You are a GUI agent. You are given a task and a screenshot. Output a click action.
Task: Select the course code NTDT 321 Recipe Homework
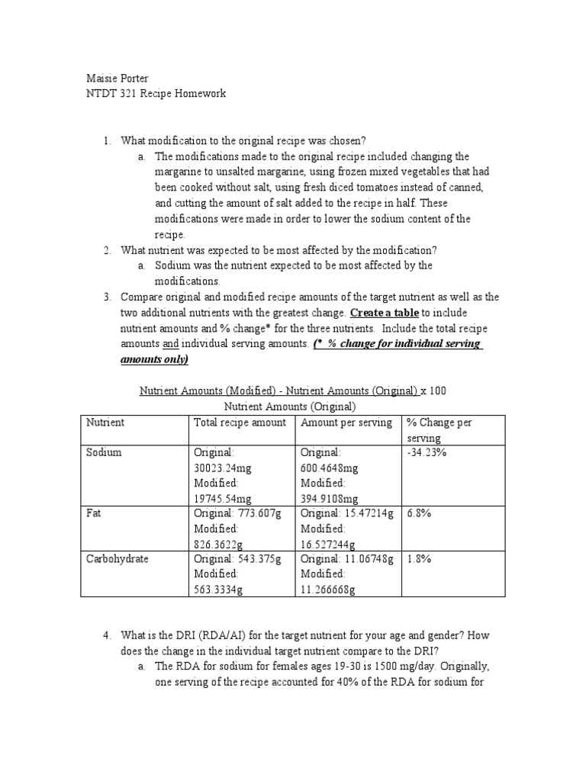(x=155, y=93)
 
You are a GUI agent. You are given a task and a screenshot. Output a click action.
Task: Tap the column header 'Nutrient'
(x=106, y=423)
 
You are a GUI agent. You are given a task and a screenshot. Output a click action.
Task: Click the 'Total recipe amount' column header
(x=240, y=423)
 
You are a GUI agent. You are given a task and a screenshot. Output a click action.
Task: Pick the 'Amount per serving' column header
(x=346, y=423)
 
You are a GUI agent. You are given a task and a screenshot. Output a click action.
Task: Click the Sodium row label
(x=105, y=452)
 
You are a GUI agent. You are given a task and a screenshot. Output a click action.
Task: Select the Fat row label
(x=95, y=513)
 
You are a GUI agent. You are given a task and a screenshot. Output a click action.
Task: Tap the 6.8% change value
(x=420, y=513)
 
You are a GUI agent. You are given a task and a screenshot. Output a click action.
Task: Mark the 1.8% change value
(x=420, y=558)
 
